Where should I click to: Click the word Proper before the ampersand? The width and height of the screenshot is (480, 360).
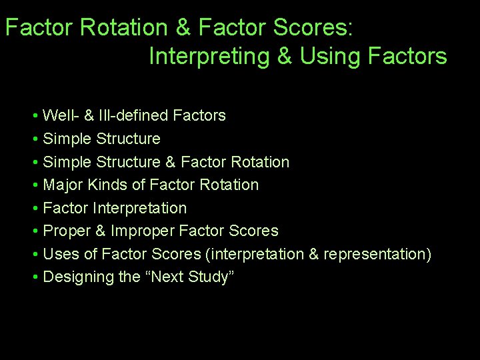[65, 231]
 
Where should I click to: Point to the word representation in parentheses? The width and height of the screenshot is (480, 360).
[377, 254]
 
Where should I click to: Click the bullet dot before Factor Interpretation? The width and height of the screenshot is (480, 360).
[35, 209]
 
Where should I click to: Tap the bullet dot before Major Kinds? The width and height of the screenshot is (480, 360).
[35, 185]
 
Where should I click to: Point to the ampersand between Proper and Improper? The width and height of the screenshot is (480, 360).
[97, 231]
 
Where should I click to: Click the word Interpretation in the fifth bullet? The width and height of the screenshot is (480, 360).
[139, 208]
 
